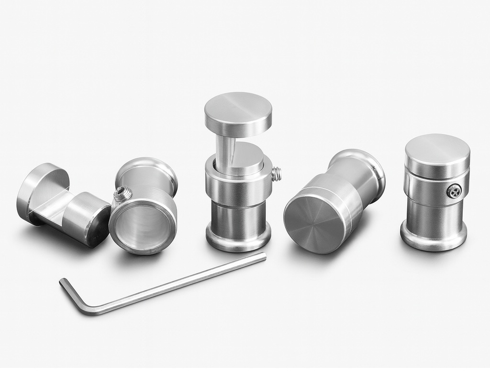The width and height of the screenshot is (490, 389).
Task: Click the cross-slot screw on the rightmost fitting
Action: click(x=454, y=191)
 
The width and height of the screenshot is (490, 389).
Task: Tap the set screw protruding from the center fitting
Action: click(x=276, y=174)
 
